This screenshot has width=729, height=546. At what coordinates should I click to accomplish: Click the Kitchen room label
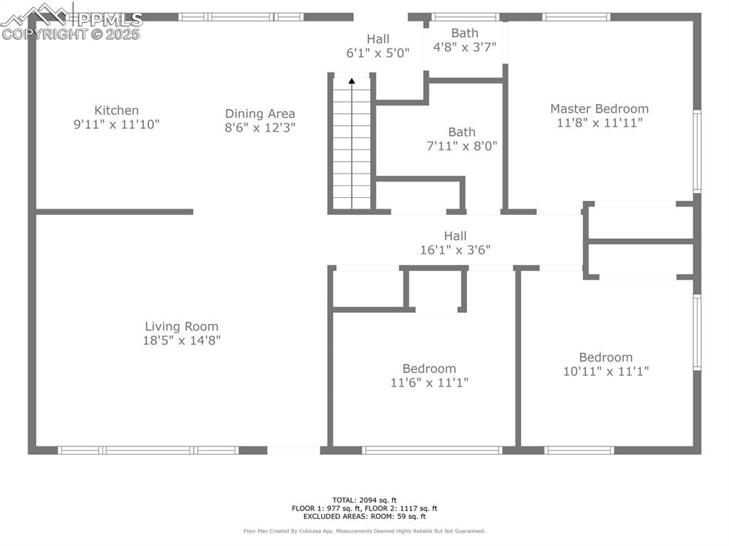(x=116, y=110)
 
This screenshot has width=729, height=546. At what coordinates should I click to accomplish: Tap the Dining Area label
(x=260, y=114)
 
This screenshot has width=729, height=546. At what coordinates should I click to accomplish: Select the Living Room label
(x=182, y=327)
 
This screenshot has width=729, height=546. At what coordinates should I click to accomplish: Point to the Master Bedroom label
(x=599, y=109)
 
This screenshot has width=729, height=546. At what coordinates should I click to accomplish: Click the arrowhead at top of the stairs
(x=352, y=81)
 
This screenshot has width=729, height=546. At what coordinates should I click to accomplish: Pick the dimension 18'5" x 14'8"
(x=182, y=340)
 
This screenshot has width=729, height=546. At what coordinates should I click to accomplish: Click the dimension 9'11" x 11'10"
(x=116, y=125)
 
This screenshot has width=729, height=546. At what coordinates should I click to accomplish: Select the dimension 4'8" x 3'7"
(x=464, y=47)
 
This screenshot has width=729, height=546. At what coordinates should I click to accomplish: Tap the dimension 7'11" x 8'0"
(x=461, y=146)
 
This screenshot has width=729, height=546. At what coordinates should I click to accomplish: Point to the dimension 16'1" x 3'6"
(x=455, y=250)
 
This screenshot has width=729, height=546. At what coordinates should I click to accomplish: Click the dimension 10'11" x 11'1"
(x=605, y=371)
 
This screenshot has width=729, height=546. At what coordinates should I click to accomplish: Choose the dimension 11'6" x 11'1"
(x=429, y=382)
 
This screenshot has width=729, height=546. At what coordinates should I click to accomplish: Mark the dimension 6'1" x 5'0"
(x=378, y=53)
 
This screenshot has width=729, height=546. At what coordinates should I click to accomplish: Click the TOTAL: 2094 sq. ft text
(x=364, y=500)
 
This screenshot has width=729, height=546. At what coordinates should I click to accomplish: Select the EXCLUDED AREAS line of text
(x=364, y=516)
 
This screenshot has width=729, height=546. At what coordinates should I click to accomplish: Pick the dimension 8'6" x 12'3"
(x=260, y=128)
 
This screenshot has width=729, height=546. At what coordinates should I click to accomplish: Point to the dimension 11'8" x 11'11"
(x=599, y=122)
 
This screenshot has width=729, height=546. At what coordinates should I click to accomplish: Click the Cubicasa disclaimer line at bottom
(x=364, y=531)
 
